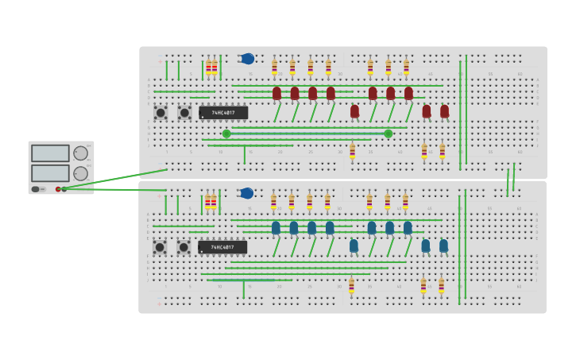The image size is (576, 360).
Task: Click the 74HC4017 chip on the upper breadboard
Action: coord(223,113)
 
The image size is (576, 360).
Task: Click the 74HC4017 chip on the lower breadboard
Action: coord(222,247)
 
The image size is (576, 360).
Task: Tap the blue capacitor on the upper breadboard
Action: coord(248,59)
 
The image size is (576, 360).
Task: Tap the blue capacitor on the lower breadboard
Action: coord(247,193)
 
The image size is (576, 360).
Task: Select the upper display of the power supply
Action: coord(50,153)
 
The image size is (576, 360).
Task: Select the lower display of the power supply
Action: coord(50,173)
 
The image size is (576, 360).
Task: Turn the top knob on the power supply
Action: coord(81,153)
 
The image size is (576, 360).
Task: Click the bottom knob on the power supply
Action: coord(81,173)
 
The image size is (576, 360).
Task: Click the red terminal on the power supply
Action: coord(58,189)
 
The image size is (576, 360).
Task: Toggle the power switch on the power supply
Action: coord(36,189)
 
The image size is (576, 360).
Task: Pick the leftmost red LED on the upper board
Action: coord(276,93)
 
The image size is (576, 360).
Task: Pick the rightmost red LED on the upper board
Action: coord(444,111)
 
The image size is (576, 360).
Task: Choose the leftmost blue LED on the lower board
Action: coord(276,228)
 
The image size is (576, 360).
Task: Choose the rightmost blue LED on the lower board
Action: coord(443,246)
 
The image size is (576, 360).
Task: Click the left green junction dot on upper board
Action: coord(226,134)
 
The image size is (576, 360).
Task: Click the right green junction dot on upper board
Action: coord(389,134)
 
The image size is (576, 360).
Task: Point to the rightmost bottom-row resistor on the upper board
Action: coord(443,151)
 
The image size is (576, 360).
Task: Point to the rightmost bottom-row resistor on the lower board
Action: coord(442,286)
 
